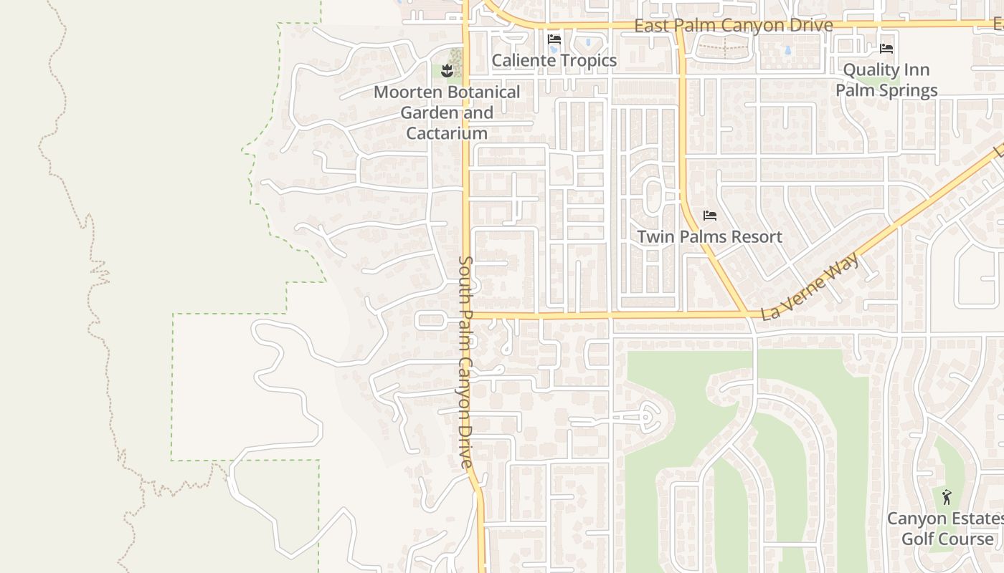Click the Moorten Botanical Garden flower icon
point(447,70)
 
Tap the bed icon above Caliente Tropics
point(554,39)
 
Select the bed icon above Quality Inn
point(886,49)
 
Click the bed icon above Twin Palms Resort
point(710,215)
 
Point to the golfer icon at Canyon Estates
point(947,496)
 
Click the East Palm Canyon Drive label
point(734,26)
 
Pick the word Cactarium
point(447,133)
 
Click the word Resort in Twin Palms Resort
point(754,236)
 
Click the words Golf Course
point(947,539)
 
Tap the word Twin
point(654,236)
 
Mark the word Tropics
point(589,60)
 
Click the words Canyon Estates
point(945,518)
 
